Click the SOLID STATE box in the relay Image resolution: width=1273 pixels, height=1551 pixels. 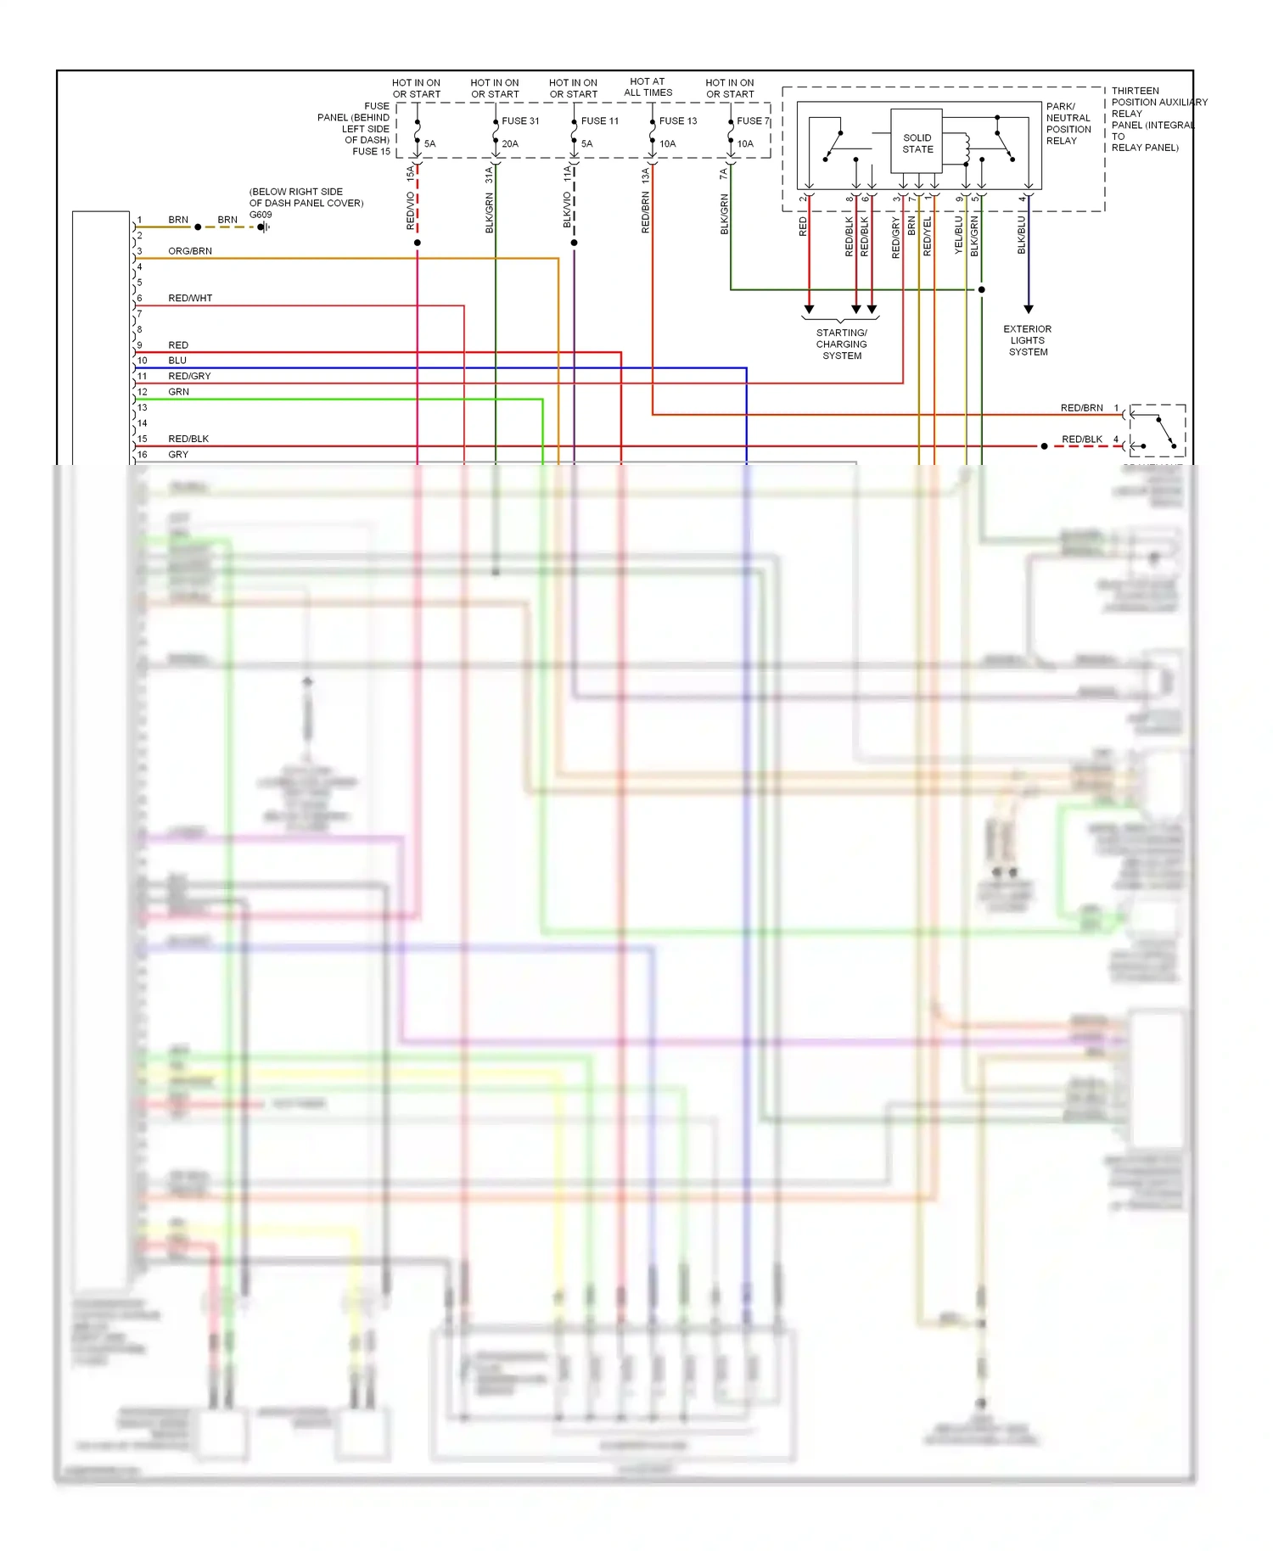917,143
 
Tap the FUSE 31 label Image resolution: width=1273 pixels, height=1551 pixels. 520,121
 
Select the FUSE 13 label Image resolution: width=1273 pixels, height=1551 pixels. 678,121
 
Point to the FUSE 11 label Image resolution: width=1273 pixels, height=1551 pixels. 600,121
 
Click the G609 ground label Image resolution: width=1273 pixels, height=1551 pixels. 261,215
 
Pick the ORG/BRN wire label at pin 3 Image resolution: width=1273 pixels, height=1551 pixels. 190,251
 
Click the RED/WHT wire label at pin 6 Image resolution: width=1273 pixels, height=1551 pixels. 190,299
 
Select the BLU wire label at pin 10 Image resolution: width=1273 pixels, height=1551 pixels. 177,361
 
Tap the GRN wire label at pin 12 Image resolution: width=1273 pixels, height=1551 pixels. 178,392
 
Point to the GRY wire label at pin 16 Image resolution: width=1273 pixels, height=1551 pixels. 178,455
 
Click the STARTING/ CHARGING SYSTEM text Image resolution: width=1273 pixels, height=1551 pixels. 842,344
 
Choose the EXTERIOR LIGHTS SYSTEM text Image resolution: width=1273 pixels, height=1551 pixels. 1028,340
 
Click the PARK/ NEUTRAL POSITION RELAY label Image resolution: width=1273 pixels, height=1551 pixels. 1068,124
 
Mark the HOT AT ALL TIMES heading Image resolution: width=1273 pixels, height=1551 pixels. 648,87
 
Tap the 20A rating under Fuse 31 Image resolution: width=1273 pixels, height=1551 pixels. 510,144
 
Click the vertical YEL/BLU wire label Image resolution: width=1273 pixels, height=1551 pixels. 959,235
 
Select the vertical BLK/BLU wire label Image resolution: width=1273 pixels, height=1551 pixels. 1022,235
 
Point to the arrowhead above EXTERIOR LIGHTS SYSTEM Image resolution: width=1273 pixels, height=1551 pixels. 1029,310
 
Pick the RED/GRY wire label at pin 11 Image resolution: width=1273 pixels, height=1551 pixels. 189,377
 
